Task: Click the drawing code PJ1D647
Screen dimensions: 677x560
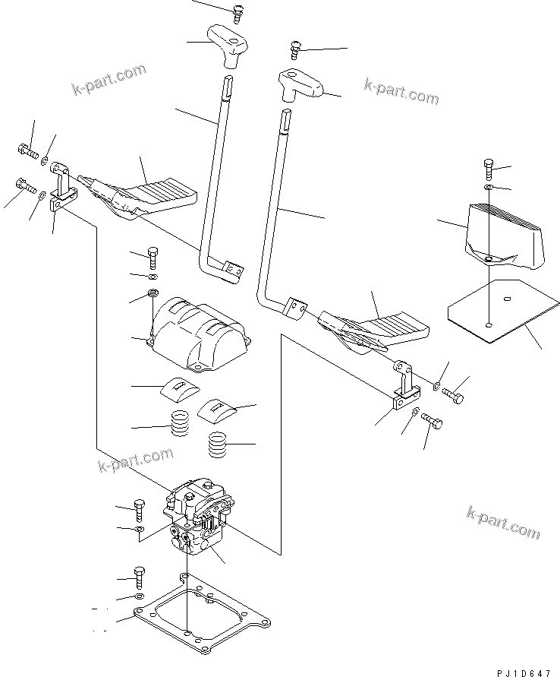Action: [524, 671]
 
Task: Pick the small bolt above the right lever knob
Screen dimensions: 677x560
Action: [295, 51]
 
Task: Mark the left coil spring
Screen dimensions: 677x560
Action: [180, 423]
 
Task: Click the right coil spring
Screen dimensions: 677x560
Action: [219, 444]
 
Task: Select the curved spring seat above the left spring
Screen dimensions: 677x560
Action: [179, 388]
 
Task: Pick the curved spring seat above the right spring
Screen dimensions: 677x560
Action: [218, 410]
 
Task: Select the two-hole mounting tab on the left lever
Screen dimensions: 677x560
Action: [231, 268]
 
